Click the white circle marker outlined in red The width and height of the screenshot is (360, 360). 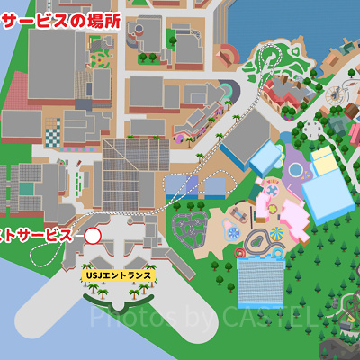[x=93, y=236]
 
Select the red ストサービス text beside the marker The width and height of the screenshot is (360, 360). [x=36, y=236]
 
